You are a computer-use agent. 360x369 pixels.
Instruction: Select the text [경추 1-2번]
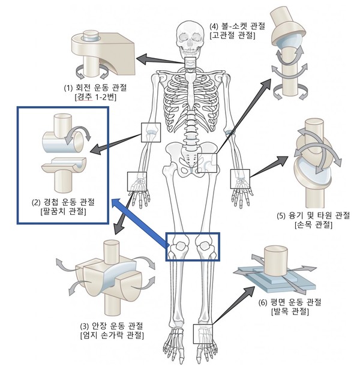(x=96, y=98)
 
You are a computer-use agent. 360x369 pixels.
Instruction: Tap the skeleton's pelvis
(x=192, y=157)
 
